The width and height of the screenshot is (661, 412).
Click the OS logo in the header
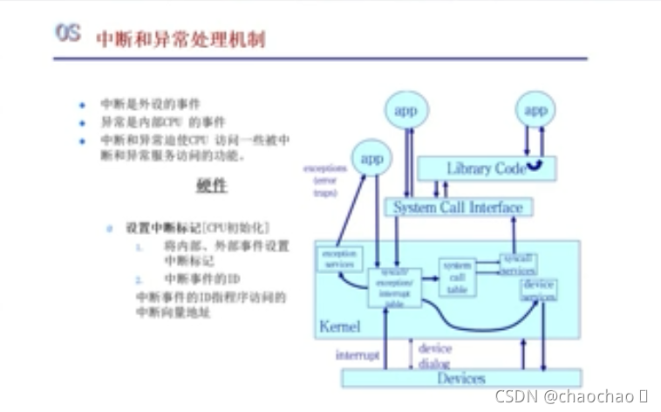pyautogui.click(x=68, y=34)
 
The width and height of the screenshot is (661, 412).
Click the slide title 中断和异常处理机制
pyautogui.click(x=181, y=39)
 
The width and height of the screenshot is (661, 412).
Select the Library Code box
pyautogui.click(x=486, y=168)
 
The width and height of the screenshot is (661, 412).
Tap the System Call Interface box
pyautogui.click(x=458, y=208)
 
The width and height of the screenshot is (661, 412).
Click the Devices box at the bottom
pyautogui.click(x=460, y=379)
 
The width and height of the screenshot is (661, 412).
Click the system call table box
pyautogui.click(x=458, y=276)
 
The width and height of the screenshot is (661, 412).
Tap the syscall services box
pyautogui.click(x=517, y=264)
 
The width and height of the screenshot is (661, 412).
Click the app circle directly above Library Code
pyautogui.click(x=535, y=110)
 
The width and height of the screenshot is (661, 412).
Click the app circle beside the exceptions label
pyautogui.click(x=372, y=158)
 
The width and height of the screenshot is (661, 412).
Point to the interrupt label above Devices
pyautogui.click(x=358, y=355)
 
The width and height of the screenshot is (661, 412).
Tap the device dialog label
pyautogui.click(x=435, y=355)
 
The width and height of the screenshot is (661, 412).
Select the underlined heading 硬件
pyautogui.click(x=211, y=187)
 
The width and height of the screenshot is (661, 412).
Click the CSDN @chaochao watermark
pyautogui.click(x=569, y=396)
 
